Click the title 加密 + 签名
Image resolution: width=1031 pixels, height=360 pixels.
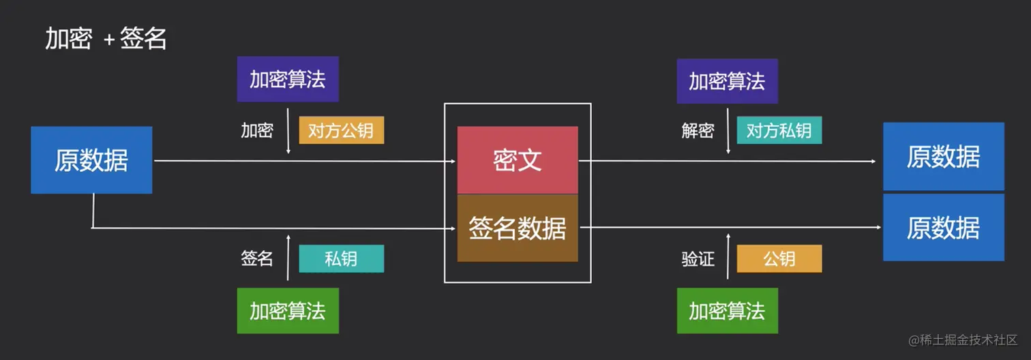[x=106, y=39]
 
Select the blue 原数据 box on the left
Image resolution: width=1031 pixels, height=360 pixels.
[x=91, y=160]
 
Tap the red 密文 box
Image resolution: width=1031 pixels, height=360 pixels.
[x=518, y=160]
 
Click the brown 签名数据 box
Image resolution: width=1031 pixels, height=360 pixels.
[x=518, y=228]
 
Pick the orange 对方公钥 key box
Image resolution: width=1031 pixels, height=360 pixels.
[x=341, y=130]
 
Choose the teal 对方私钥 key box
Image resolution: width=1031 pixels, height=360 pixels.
[x=779, y=130]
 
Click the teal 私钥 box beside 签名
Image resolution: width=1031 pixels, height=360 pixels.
[x=341, y=258]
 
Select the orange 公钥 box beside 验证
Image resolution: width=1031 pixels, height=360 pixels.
[x=779, y=258]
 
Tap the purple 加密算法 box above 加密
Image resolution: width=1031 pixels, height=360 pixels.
[x=288, y=79]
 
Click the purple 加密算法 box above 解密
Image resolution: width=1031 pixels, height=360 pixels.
[x=727, y=81]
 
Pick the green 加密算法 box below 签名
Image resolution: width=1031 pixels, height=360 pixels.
[x=288, y=311]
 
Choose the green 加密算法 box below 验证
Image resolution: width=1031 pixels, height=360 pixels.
[x=727, y=311]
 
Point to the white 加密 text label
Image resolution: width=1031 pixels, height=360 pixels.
[x=257, y=130]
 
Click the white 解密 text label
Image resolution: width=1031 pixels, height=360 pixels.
[x=698, y=130]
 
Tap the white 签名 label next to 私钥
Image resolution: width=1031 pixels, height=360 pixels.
[x=257, y=258]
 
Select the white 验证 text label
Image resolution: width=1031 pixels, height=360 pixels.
[x=698, y=258]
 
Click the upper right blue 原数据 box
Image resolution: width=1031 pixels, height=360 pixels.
[x=943, y=156]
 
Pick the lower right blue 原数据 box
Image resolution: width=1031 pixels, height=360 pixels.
[x=943, y=227]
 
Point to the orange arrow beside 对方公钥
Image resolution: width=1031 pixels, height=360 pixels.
[x=288, y=130]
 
